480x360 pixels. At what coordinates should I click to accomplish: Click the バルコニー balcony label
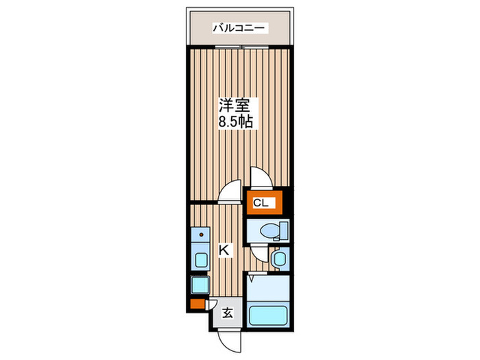pos(239,29)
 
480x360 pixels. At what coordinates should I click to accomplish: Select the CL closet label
pos(261,203)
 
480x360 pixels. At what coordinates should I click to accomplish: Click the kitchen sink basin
pos(200,260)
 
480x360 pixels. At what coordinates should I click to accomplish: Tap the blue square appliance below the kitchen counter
pos(199,285)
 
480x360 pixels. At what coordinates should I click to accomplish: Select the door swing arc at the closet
pos(261,177)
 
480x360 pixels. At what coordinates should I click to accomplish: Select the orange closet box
pos(261,203)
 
